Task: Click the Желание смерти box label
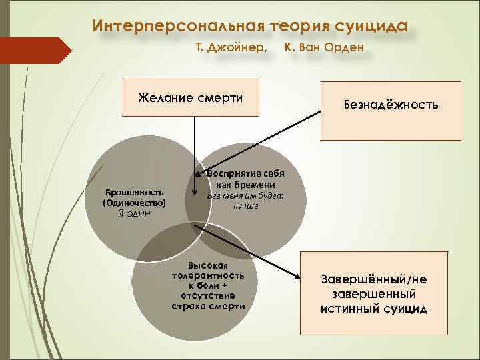[x=191, y=98]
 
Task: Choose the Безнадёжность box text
[x=391, y=105]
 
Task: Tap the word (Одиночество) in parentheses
[x=134, y=202]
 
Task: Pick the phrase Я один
[x=134, y=213]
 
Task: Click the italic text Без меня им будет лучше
[x=245, y=201]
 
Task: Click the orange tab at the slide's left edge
[x=33, y=51]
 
